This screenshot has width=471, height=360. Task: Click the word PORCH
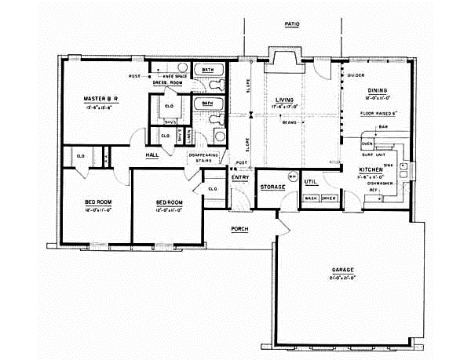coord(239,230)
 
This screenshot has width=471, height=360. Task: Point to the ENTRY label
coord(239,177)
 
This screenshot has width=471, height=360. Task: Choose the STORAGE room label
coord(272,187)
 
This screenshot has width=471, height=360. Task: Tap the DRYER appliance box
coord(328,198)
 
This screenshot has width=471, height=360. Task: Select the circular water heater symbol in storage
coord(292,177)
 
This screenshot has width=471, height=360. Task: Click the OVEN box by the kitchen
coord(366,144)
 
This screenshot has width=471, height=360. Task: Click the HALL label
coord(154,155)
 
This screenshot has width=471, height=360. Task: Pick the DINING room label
coord(373,90)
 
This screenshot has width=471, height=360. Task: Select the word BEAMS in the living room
coord(286,123)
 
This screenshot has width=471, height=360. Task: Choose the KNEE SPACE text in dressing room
coord(173,75)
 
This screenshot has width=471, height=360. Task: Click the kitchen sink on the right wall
coord(403,166)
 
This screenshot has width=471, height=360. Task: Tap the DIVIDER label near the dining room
coord(357,75)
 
